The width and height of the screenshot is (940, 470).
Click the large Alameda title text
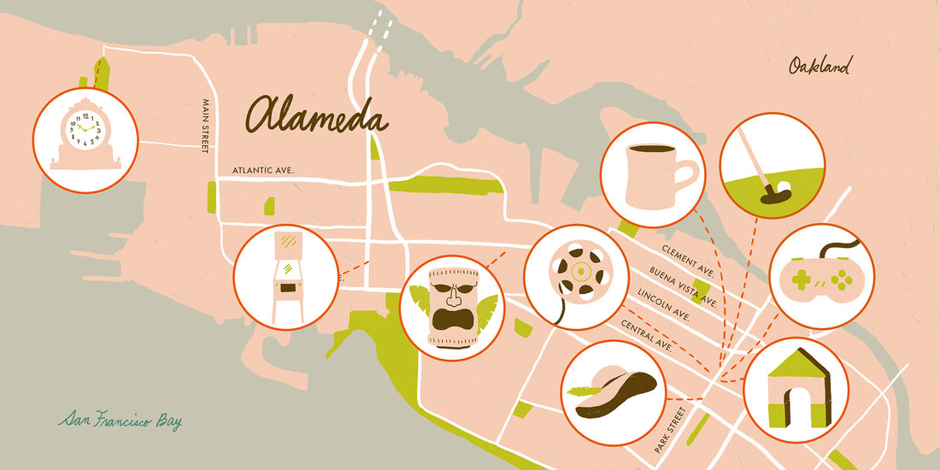coord(317,116)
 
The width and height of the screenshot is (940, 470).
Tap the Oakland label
coord(821,66)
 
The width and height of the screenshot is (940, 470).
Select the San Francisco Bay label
coord(120,420)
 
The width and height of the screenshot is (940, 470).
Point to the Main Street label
coord(205,126)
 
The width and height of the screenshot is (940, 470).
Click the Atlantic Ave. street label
coord(263,171)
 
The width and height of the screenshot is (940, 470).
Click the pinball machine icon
coord(285,276)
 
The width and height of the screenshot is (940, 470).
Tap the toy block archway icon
coord(796,389)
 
